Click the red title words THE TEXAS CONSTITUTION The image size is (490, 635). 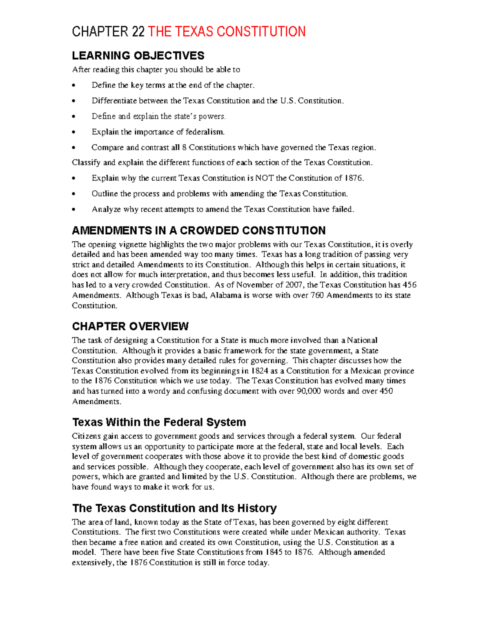pyautogui.click(x=227, y=31)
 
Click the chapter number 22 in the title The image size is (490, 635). pyautogui.click(x=138, y=31)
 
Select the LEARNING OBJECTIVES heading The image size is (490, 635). pyautogui.click(x=138, y=56)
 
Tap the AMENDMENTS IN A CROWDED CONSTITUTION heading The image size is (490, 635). pyautogui.click(x=198, y=231)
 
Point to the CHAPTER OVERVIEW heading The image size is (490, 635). pyautogui.click(x=130, y=326)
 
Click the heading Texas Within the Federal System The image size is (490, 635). pyautogui.click(x=159, y=422)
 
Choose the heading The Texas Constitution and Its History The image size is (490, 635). pyautogui.click(x=174, y=508)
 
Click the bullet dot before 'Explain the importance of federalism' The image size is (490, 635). pyautogui.click(x=73, y=132)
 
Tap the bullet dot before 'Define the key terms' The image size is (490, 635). pyautogui.click(x=73, y=85)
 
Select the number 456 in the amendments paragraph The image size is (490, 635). pyautogui.click(x=409, y=285)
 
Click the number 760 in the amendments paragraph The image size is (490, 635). pyautogui.click(x=317, y=295)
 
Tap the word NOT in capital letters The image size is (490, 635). pyautogui.click(x=265, y=178)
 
